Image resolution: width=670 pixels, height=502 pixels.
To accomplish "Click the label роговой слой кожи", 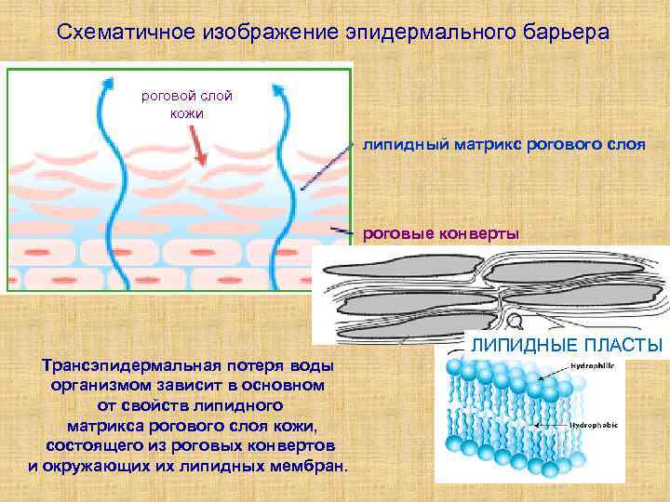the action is coord(186,104).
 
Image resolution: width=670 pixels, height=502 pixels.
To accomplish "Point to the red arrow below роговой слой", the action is coord(198,143).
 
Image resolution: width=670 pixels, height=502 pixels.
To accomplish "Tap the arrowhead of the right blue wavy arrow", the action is coord(276,89).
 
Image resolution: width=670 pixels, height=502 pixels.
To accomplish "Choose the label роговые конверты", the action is coord(440,232).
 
